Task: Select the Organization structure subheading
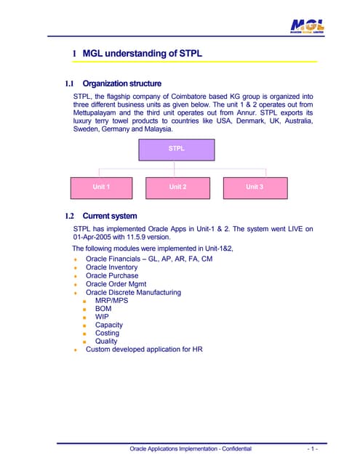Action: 121,84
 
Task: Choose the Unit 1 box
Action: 101,187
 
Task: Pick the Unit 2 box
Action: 177,187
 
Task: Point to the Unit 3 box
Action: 254,187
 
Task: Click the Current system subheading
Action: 109,216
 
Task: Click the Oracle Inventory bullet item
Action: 111,267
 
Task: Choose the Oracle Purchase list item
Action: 111,276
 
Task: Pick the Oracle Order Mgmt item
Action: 115,284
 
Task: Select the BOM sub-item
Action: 103,309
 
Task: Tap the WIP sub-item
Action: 102,317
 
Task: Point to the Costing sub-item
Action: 107,333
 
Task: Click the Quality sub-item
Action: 106,341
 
